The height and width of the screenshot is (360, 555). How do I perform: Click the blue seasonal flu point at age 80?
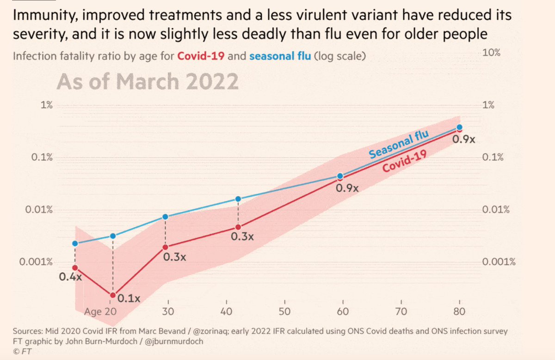(x=459, y=127)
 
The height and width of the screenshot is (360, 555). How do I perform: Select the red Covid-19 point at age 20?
(x=112, y=295)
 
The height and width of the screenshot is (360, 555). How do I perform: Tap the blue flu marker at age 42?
(x=238, y=199)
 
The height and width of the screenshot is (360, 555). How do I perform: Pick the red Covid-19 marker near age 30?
(x=165, y=247)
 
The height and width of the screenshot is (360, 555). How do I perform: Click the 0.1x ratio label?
(x=128, y=299)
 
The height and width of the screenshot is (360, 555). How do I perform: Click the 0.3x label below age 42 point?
(x=242, y=237)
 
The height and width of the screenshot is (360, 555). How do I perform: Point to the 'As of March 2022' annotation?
(x=148, y=82)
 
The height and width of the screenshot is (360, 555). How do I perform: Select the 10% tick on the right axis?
(x=491, y=53)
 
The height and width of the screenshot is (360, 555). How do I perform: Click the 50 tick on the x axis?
(x=284, y=311)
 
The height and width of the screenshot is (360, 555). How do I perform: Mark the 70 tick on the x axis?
(x=401, y=311)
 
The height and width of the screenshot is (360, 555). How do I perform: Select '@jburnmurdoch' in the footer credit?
(x=173, y=342)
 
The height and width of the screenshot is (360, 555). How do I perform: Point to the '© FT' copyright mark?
(x=22, y=352)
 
